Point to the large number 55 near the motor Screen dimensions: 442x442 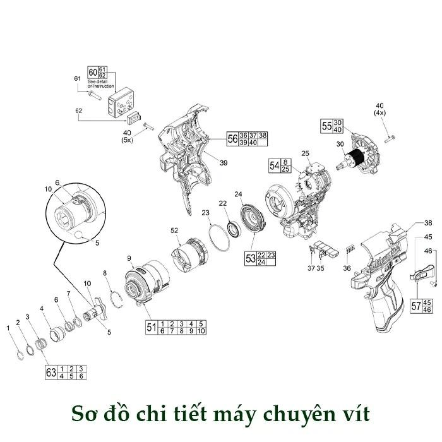(x=326, y=126)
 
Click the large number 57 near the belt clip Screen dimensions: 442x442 (x=416, y=306)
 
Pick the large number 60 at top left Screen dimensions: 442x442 (x=93, y=72)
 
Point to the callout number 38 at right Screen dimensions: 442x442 (x=427, y=224)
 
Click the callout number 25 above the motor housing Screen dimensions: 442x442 (x=305, y=153)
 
